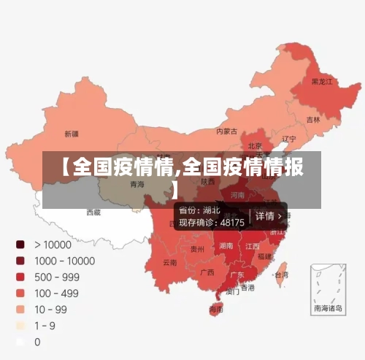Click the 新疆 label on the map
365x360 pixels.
pyautogui.click(x=71, y=134)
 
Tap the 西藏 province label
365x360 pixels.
pyautogui.click(x=93, y=212)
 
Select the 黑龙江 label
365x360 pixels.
pyautogui.click(x=321, y=82)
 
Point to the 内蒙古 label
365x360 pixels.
pyautogui.click(x=226, y=132)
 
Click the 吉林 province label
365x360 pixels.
pyautogui.click(x=313, y=119)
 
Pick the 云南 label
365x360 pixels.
pyautogui.click(x=169, y=262)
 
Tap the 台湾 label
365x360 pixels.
pyautogui.click(x=280, y=275)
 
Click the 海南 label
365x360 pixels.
pyautogui.click(x=216, y=310)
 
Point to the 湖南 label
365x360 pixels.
pyautogui.click(x=226, y=246)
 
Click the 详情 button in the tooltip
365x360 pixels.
pyautogui.click(x=268, y=216)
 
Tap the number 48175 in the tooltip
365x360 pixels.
pyautogui.click(x=232, y=222)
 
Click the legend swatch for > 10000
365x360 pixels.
pyautogui.click(x=20, y=244)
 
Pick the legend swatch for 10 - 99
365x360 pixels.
pyautogui.click(x=20, y=308)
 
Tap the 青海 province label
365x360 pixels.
pyautogui.click(x=137, y=185)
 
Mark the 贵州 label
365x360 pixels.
pyautogui.click(x=197, y=249)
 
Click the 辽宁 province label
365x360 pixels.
pyautogui.click(x=289, y=139)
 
